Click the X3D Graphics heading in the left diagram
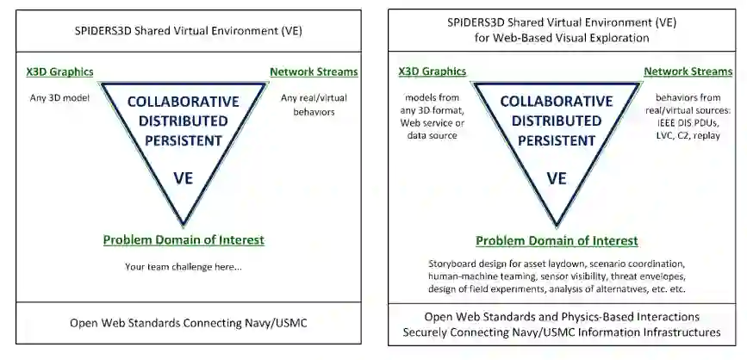60,73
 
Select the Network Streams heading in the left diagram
314,73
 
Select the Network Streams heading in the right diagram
687,71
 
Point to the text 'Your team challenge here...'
184,266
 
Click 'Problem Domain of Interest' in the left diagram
184,240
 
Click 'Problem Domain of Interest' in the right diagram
557,240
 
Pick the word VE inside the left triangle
184,179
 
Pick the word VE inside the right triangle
557,179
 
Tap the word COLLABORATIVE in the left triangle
184,102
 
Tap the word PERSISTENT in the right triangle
557,139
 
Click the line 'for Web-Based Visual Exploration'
557,39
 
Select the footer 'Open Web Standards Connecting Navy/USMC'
184,324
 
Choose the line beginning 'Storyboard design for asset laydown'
557,263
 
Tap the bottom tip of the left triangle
184,224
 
